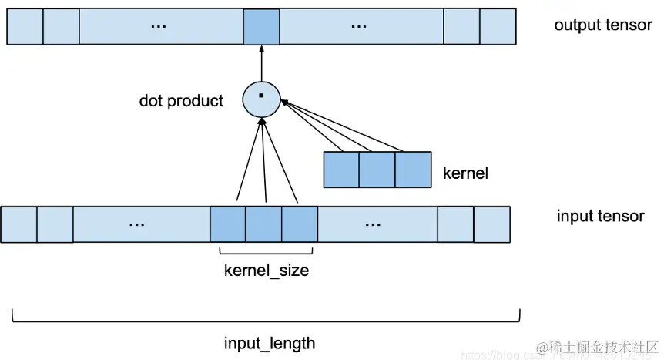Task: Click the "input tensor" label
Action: click(600, 216)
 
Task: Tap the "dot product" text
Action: click(181, 101)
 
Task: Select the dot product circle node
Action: click(261, 98)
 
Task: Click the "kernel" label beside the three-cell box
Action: click(465, 173)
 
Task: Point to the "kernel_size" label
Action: click(266, 271)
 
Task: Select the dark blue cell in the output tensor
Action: click(260, 26)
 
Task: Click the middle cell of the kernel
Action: click(377, 170)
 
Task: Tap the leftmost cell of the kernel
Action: click(341, 170)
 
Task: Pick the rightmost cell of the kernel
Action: click(413, 170)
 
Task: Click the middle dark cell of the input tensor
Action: click(263, 224)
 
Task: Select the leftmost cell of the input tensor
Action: click(18, 224)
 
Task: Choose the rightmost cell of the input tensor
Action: click(491, 224)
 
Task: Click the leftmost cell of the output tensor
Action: click(25, 26)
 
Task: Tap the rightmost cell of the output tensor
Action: click(497, 26)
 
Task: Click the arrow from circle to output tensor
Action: click(261, 63)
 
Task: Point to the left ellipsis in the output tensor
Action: click(159, 27)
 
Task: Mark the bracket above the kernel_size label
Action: click(266, 252)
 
